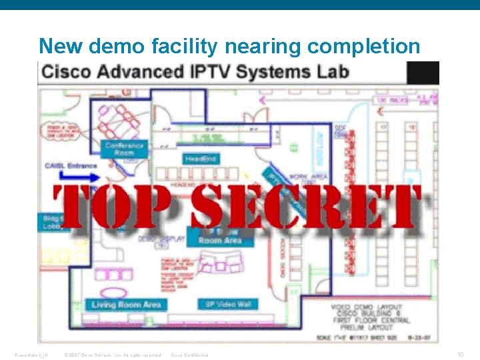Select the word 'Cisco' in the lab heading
(x=66, y=71)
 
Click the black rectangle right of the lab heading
(x=422, y=72)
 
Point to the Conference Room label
(x=124, y=149)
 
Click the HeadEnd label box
(x=200, y=159)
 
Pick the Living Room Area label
(x=126, y=305)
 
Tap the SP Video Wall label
(x=227, y=305)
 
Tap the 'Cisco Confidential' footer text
(x=190, y=355)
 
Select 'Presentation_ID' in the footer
(x=30, y=355)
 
